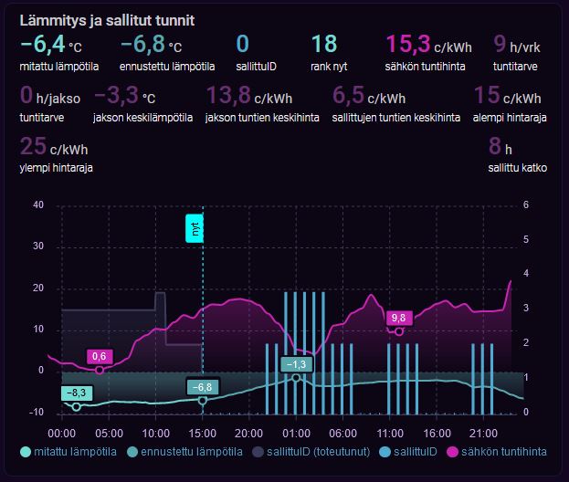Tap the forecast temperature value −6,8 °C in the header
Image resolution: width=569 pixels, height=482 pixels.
click(151, 44)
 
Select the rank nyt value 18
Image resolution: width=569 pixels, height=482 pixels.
click(323, 44)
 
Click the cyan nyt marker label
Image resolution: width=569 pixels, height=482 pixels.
click(195, 229)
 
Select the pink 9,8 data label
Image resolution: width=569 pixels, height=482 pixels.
click(398, 318)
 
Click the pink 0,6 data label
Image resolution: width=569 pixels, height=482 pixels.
click(100, 356)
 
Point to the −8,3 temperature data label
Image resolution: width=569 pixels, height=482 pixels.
click(76, 393)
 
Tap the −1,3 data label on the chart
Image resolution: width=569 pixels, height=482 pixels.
click(296, 364)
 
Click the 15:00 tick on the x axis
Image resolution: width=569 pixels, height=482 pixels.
click(202, 432)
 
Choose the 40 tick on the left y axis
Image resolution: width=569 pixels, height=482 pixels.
click(38, 204)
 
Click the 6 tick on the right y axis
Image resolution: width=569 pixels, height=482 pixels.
click(526, 204)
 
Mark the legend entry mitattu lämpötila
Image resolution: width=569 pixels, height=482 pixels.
click(72, 451)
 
